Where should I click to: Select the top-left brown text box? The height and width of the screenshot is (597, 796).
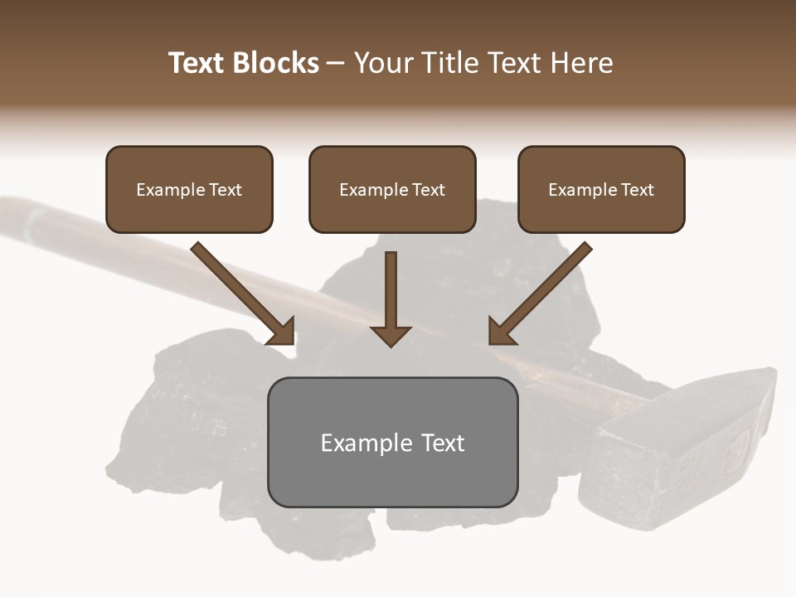(x=189, y=189)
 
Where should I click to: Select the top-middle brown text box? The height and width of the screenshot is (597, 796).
(x=392, y=189)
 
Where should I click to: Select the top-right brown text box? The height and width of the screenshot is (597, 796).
(x=601, y=189)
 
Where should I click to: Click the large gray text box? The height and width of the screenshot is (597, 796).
(x=392, y=442)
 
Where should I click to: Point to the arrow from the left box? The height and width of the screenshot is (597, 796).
(x=240, y=292)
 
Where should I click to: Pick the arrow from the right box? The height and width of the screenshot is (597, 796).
(x=541, y=292)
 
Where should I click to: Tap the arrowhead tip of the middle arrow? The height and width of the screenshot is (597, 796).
(x=391, y=343)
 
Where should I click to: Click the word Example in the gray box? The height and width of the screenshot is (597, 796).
(x=362, y=443)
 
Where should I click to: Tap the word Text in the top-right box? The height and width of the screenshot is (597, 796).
(x=637, y=190)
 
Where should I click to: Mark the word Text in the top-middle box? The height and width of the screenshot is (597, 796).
(x=428, y=190)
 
